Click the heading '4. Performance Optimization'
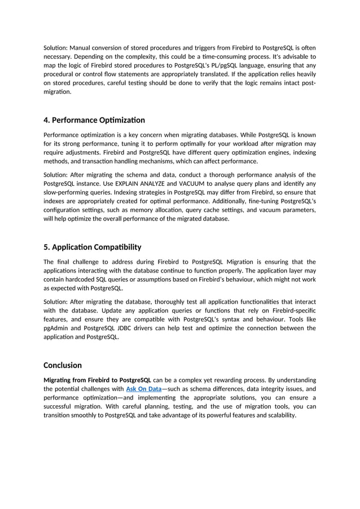pos(94,120)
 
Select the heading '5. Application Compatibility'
pos(93,247)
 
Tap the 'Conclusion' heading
pos(63,365)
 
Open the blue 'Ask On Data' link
pos(143,389)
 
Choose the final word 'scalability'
pos(279,415)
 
